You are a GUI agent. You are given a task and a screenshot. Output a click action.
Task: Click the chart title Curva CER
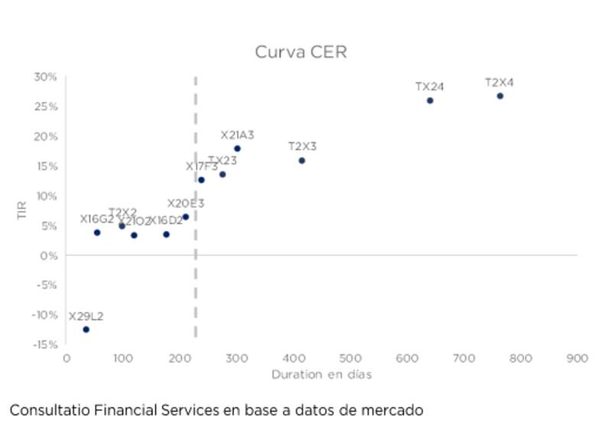pos(301,52)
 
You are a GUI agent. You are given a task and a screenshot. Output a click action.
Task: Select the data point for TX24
pos(430,100)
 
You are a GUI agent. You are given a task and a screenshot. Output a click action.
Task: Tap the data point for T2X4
pos(500,96)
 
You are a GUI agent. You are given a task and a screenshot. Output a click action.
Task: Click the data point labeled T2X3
pos(301,161)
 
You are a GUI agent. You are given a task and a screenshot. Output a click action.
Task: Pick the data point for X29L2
pos(86,329)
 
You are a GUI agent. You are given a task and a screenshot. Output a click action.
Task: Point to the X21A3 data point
pos(237,148)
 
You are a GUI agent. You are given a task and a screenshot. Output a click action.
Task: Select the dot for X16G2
pos(97,233)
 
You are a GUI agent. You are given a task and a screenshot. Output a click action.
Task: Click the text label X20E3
pos(186,204)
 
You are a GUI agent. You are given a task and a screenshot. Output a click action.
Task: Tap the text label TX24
pos(430,86)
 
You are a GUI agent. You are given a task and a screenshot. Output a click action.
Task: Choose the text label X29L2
pos(86,316)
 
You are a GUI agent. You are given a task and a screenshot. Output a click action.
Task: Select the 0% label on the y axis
pos(49,255)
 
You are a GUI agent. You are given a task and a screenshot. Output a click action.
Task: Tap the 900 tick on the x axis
pos(577,358)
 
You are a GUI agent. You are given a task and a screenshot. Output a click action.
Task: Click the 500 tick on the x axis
pos(350,358)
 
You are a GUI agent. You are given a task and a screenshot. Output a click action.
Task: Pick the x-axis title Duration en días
pos(321,375)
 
